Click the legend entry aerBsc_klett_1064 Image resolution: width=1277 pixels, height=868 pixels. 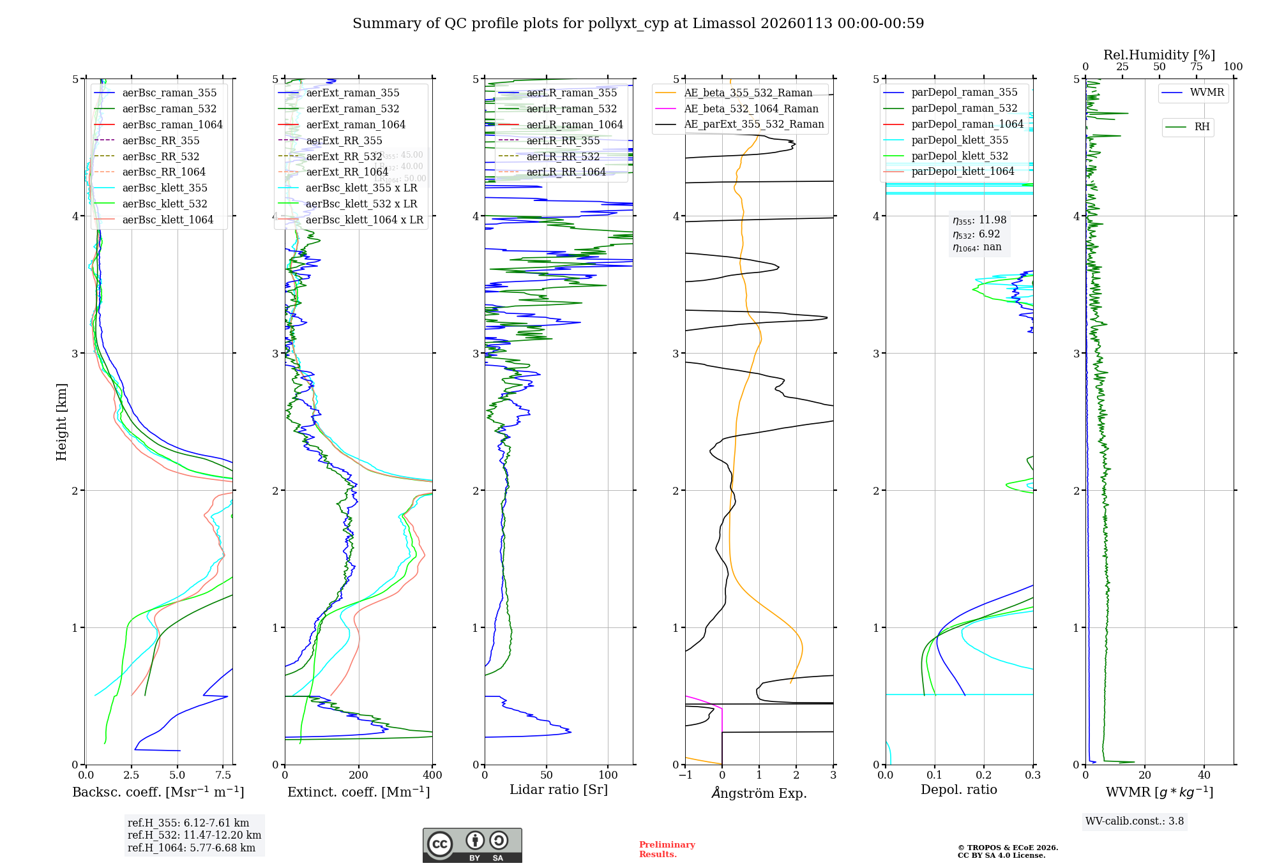coord(167,220)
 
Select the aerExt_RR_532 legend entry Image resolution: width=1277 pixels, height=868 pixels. coord(344,156)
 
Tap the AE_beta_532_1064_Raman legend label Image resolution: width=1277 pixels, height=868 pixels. coord(751,108)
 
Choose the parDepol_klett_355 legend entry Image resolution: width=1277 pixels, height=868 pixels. coord(960,140)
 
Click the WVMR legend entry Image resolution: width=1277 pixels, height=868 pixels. coord(1207,93)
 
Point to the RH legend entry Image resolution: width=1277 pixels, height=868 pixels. coord(1202,127)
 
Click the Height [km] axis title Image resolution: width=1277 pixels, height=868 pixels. coord(61,421)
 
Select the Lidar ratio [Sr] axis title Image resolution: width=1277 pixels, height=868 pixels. coord(558,789)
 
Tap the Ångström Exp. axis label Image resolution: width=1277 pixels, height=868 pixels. coord(759,793)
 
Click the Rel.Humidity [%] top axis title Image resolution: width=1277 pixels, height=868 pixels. coord(1159,55)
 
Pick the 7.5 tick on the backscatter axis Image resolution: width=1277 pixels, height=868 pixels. coord(223,775)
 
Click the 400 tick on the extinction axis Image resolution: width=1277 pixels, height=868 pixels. coord(432,775)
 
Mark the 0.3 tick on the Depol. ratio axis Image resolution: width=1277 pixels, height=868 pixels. coord(1032,775)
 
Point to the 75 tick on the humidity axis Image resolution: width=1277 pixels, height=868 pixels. coord(1196,67)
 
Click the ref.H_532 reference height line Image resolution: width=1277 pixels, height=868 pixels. coord(194,835)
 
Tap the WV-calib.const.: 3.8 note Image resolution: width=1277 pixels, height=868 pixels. coord(1134,821)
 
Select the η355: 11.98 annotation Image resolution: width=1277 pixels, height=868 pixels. coord(979,220)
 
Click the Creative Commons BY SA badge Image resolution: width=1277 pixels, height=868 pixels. coord(472,845)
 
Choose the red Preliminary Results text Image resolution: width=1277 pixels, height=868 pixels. coord(667,849)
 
